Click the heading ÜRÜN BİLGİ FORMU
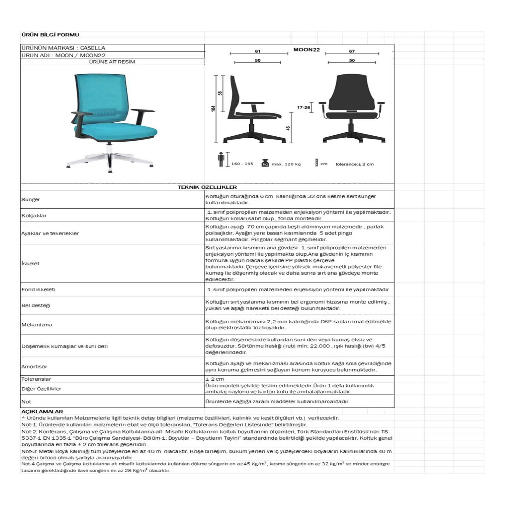tap(50, 35)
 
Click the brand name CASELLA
tap(92, 48)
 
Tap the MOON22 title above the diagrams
tap(306, 50)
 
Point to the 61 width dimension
tap(258, 51)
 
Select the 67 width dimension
tap(352, 51)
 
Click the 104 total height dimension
tap(214, 109)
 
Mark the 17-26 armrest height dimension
tap(303, 108)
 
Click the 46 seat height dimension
tap(288, 128)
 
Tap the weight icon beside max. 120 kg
tap(265, 163)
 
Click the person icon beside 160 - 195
tap(221, 159)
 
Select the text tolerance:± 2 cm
tap(354, 164)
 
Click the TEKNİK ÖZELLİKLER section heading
tap(207, 187)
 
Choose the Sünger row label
tap(31, 199)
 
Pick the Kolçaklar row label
tap(34, 216)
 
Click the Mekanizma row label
tap(37, 325)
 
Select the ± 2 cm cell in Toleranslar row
tap(215, 379)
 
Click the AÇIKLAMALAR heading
tap(42, 412)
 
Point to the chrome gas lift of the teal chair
tap(109, 148)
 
